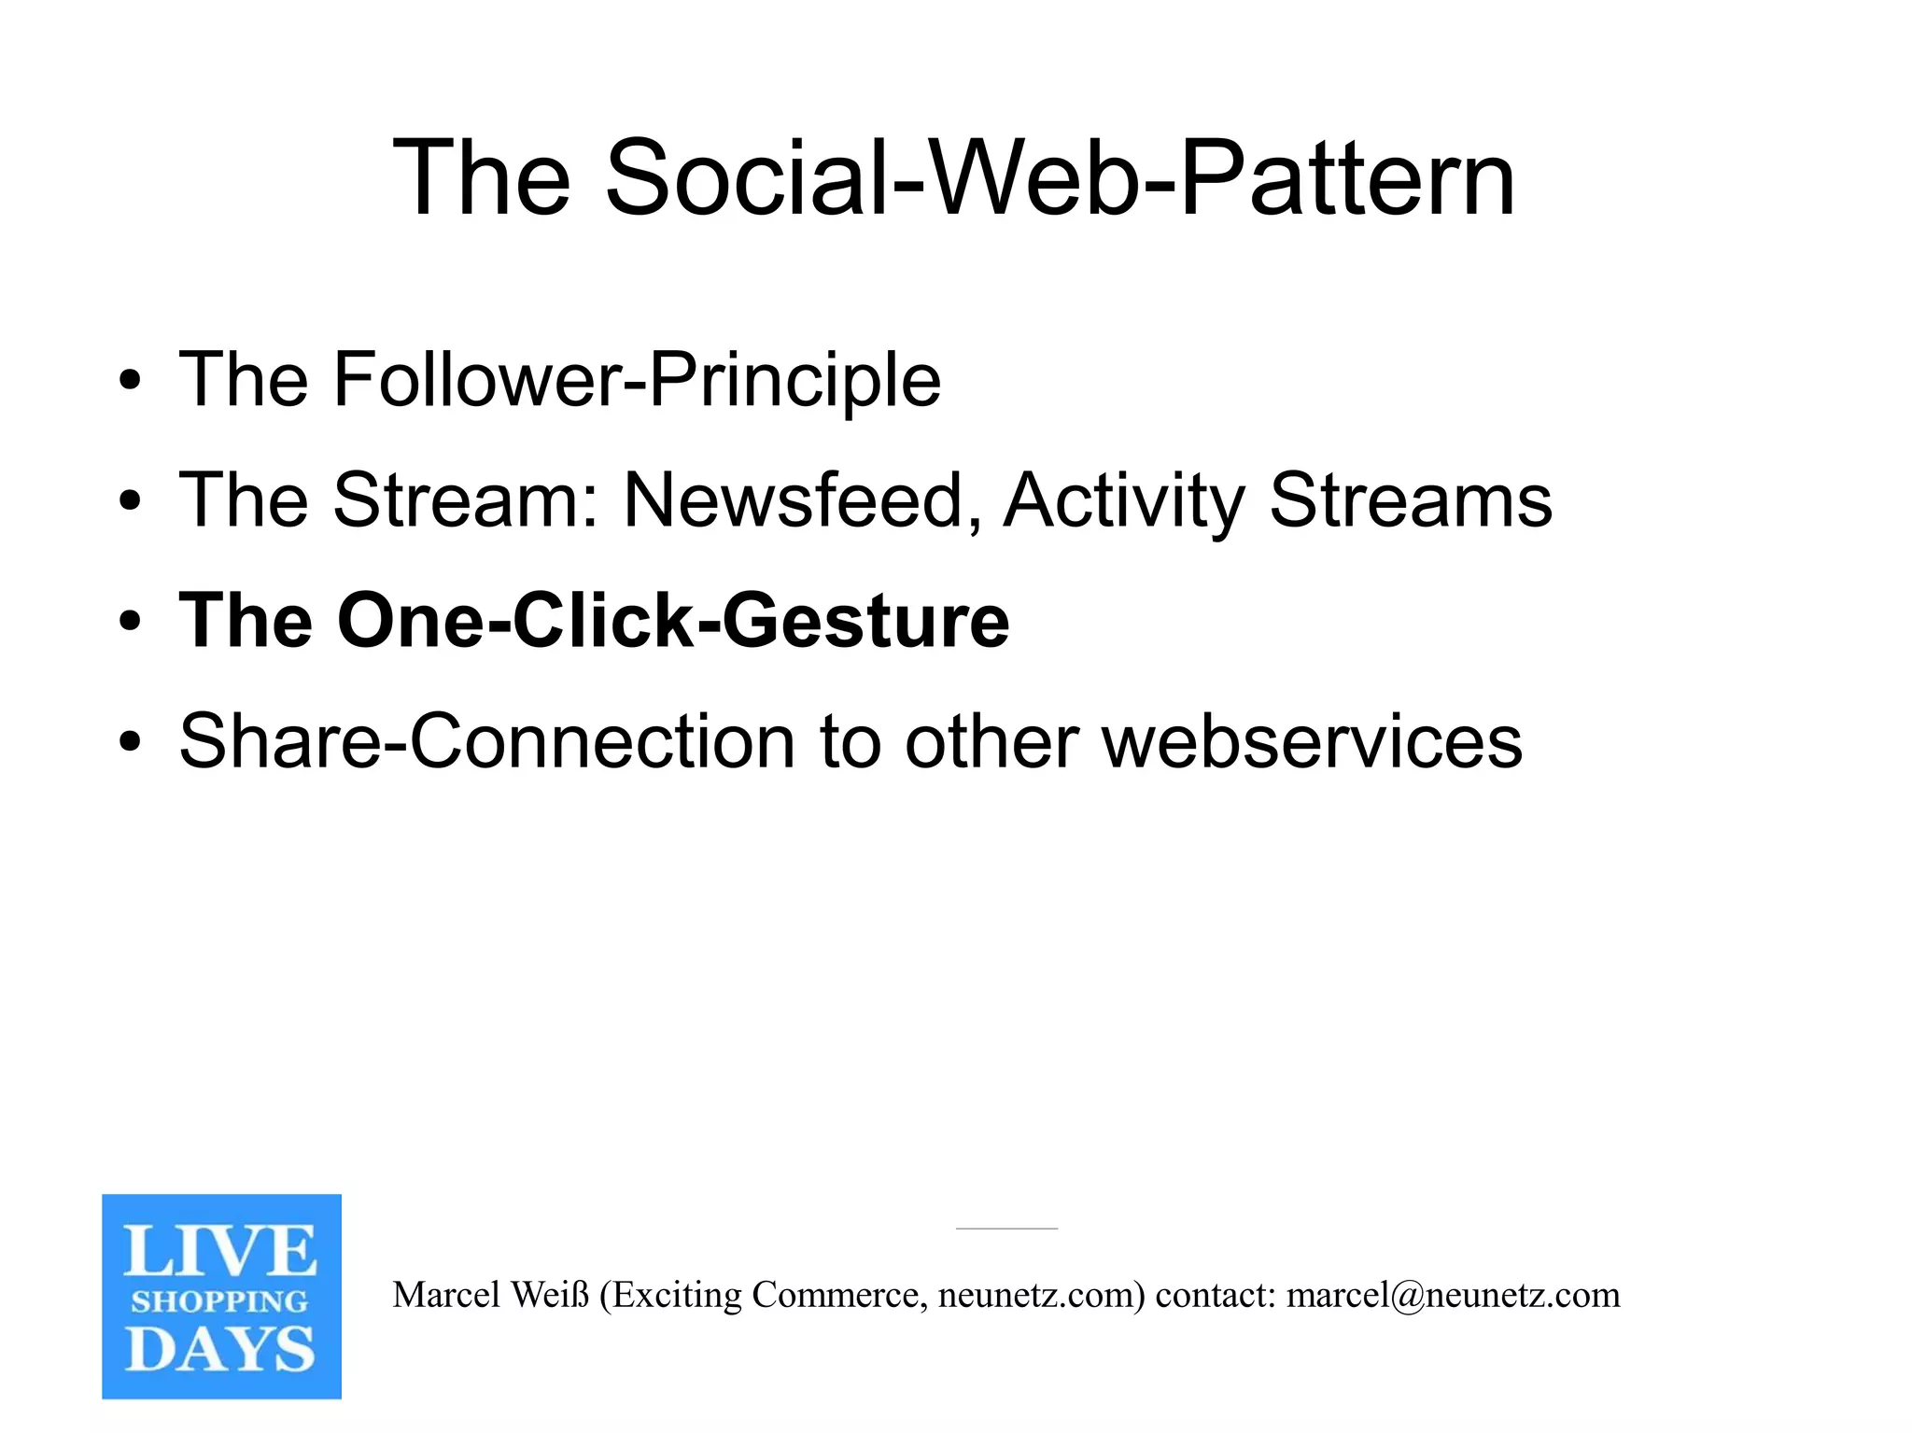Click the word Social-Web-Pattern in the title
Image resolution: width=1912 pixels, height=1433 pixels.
pos(1060,177)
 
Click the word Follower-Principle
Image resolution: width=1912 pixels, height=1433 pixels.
pos(637,380)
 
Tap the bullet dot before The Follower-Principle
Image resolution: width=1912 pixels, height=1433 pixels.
pos(130,381)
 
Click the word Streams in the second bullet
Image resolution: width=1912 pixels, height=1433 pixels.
pos(1410,500)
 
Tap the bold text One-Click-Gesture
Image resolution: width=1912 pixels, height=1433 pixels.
pos(672,621)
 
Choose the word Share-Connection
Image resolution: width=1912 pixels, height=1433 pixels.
pos(486,741)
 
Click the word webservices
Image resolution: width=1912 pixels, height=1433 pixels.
pos(1312,743)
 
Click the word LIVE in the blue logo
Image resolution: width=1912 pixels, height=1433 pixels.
pos(220,1251)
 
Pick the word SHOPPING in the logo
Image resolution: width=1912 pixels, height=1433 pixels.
pos(219,1300)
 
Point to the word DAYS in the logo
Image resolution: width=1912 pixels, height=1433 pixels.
pos(220,1349)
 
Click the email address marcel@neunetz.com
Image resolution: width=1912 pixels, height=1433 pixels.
pos(1453,1296)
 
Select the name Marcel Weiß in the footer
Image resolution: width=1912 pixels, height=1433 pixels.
pos(491,1296)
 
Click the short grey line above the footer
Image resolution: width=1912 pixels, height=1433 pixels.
pos(1006,1229)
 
